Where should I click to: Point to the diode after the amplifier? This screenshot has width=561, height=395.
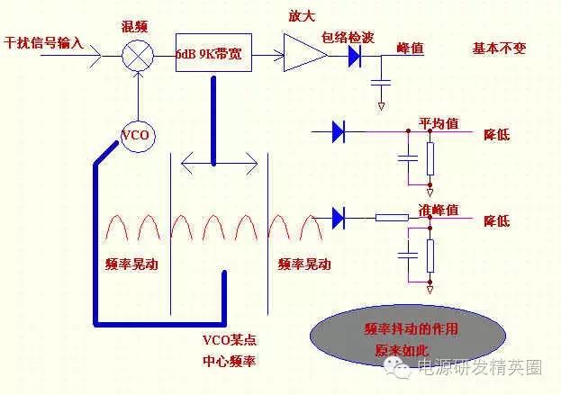(x=354, y=55)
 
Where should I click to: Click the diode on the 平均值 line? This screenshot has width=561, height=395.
(x=339, y=133)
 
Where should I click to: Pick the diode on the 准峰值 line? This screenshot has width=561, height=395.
(x=339, y=217)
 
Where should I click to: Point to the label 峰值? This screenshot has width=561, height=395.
(x=410, y=49)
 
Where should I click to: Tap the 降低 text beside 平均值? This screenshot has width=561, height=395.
(x=497, y=134)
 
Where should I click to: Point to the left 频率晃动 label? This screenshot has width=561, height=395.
(x=131, y=265)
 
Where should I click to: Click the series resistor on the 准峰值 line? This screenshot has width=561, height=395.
(x=392, y=217)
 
